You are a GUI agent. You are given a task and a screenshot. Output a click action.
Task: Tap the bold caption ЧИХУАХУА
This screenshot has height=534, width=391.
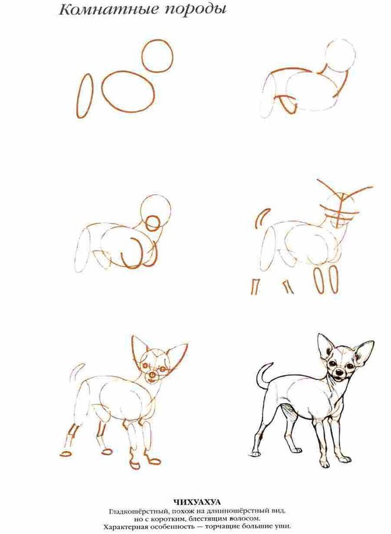pyautogui.click(x=197, y=502)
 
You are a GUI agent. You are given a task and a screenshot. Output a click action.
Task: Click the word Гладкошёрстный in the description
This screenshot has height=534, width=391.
pyautogui.click(x=138, y=511)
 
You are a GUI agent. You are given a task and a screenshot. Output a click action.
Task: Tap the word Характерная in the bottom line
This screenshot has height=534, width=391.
pyautogui.click(x=125, y=527)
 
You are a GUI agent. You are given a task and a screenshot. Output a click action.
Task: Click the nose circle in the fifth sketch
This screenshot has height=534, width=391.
pyautogui.click(x=152, y=375)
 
